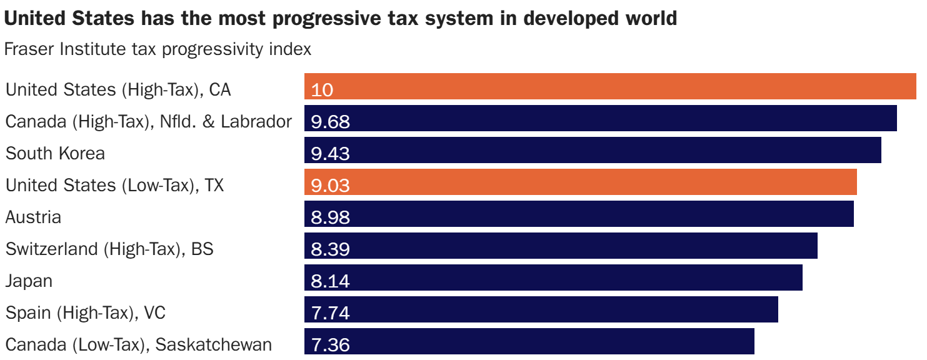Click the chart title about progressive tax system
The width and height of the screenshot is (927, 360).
tap(340, 19)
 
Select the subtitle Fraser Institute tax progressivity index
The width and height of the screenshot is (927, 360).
tap(158, 49)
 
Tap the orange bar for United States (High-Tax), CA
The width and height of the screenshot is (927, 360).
tap(610, 86)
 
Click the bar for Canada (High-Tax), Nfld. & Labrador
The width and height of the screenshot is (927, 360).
tap(600, 118)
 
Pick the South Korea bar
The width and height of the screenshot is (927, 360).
tap(593, 150)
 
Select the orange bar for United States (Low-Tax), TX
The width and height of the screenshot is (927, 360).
tap(580, 182)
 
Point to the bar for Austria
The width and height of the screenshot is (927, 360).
tap(579, 214)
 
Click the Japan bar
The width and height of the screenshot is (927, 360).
tap(553, 277)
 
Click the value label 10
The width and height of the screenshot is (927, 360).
tap(322, 90)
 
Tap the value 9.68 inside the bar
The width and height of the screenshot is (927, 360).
tap(330, 122)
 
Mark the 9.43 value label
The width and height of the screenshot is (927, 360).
tap(330, 154)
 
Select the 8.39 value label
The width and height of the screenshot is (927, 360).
tap(330, 249)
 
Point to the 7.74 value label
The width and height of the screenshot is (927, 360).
tap(330, 313)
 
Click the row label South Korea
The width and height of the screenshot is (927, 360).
tap(55, 153)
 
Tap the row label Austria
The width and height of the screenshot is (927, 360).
tap(33, 217)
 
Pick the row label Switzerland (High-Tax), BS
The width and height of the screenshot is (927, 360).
tap(109, 249)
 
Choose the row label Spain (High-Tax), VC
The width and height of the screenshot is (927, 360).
tap(86, 312)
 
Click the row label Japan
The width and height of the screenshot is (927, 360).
tap(29, 281)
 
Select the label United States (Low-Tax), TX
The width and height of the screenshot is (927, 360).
tap(114, 185)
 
